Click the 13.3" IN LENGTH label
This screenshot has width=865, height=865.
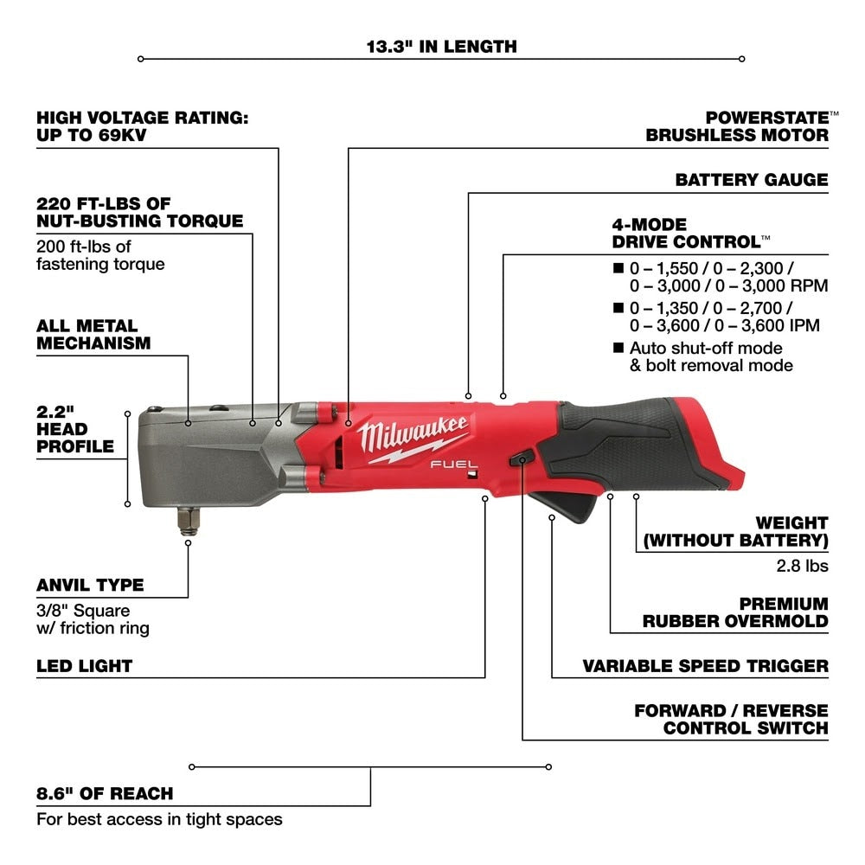pos(441,46)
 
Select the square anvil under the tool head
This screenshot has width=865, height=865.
pos(187,519)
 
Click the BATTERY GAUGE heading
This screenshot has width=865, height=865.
pos(751,180)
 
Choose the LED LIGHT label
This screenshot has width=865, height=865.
pos(84,666)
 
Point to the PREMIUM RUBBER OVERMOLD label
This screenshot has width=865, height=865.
pos(735,612)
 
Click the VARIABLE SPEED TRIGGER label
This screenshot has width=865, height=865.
pos(705,666)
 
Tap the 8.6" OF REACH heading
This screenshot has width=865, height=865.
pos(105,793)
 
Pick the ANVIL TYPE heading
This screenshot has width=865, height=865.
pos(90,585)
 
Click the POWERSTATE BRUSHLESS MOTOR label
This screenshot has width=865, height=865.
pos(737,125)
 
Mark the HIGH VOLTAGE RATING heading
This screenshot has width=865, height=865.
pos(142,126)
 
